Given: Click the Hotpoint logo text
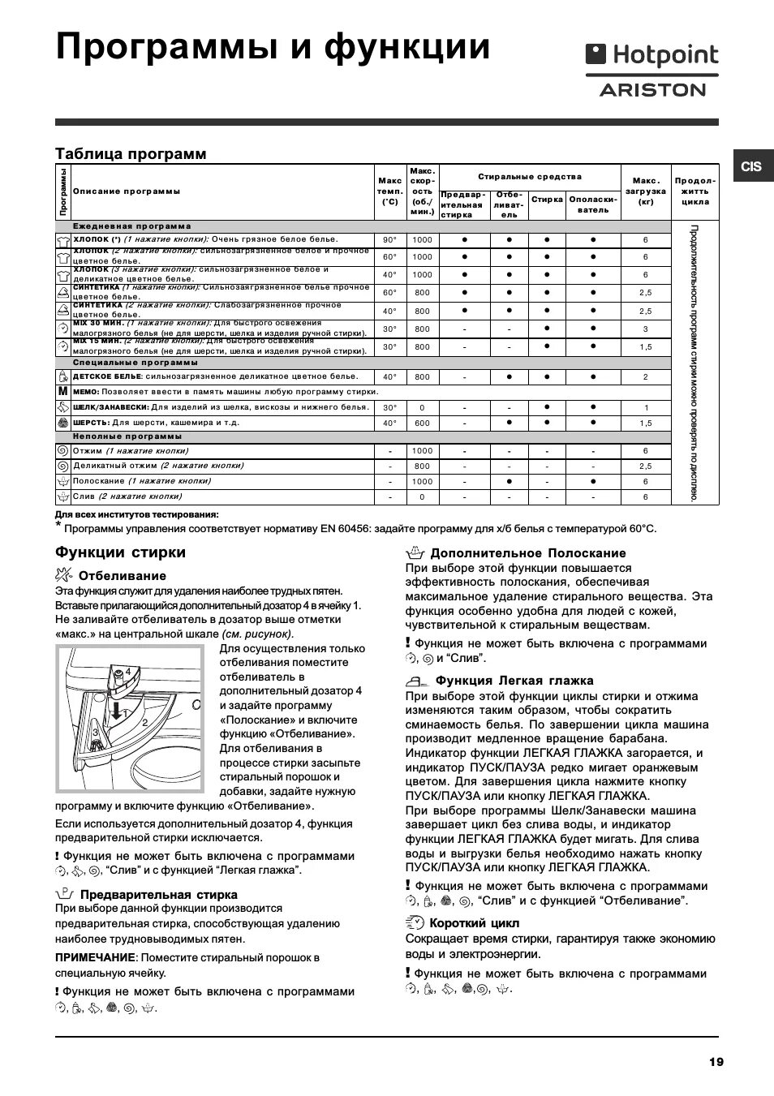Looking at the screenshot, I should point(665,55).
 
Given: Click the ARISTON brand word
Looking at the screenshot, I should point(652,90).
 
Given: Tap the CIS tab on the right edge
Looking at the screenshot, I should point(751,166).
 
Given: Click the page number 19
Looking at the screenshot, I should point(715,1061).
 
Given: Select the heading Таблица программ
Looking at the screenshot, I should point(131,154).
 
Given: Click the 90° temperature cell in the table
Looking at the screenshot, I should point(390,240).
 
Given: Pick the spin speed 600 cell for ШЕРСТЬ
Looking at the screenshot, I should point(422,423).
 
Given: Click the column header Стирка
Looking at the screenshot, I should point(548,199).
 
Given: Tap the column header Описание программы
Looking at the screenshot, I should point(127,191).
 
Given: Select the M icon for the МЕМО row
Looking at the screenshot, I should point(62,392).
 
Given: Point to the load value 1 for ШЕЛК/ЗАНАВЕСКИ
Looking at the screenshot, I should point(646,408).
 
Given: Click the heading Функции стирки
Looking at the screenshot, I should point(120,552).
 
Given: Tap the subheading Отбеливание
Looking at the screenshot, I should point(122,576).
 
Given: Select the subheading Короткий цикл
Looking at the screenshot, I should point(474,923).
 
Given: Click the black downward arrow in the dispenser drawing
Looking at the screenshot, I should point(118,711).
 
